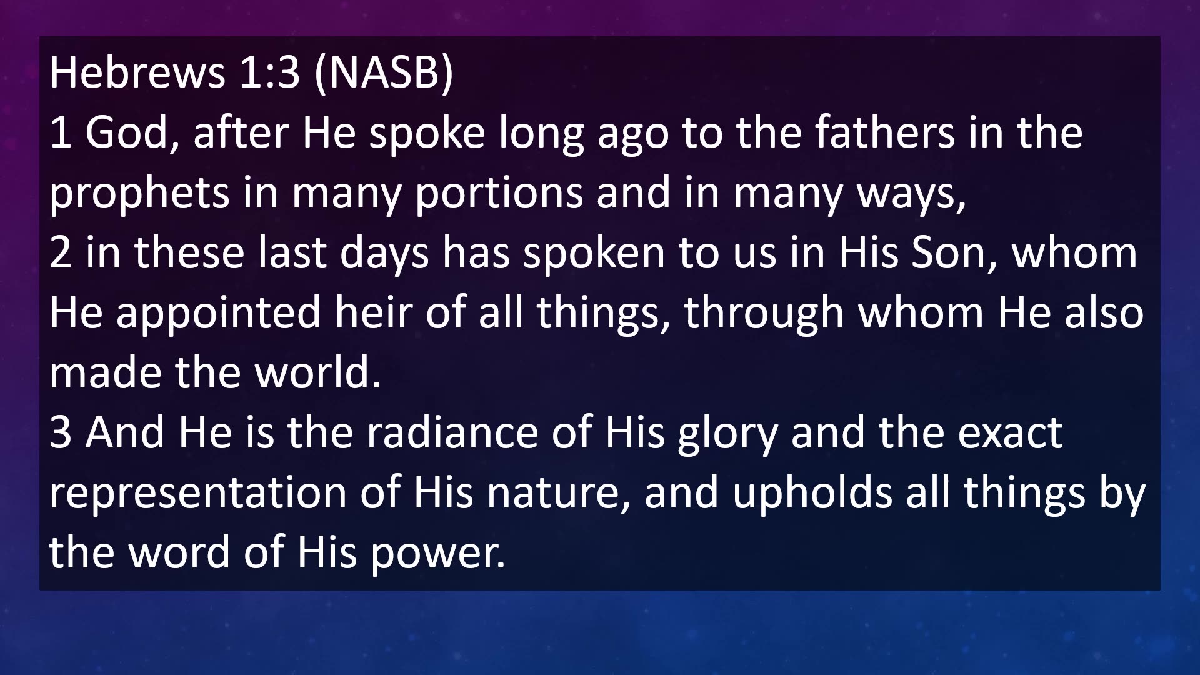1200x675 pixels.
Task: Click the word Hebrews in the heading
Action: point(137,72)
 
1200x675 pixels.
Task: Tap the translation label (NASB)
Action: point(384,73)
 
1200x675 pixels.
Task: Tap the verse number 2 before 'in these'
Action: point(60,252)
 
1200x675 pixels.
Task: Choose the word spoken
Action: point(594,254)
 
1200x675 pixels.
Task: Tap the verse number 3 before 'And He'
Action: point(60,432)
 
